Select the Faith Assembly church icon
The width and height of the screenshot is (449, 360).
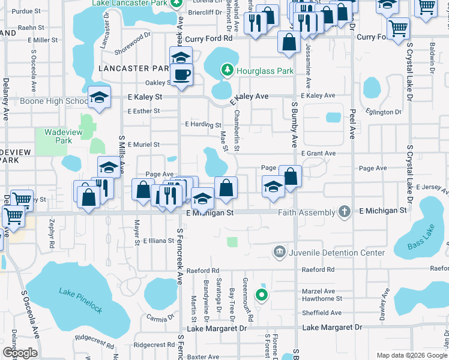pyautogui.click(x=344, y=211)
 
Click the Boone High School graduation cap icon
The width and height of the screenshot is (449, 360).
pyautogui.click(x=99, y=98)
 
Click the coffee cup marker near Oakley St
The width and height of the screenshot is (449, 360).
pyautogui.click(x=181, y=75)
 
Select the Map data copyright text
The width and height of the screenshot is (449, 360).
pyautogui.click(x=411, y=355)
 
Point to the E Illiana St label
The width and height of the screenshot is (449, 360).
pyautogui.click(x=158, y=241)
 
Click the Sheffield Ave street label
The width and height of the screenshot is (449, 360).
pyautogui.click(x=322, y=313)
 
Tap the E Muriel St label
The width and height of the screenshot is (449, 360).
pyautogui.click(x=143, y=145)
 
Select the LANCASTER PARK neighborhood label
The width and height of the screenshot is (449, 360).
pyautogui.click(x=133, y=69)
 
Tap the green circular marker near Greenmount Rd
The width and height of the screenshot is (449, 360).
pyautogui.click(x=261, y=294)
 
